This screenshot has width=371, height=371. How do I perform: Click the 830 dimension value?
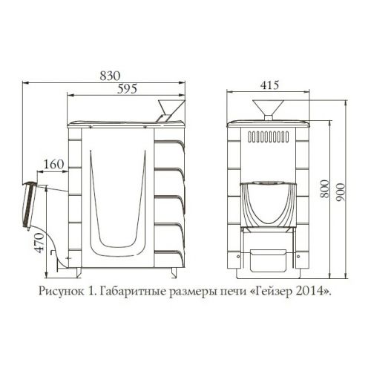[110, 76]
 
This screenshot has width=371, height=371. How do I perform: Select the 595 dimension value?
[127, 89]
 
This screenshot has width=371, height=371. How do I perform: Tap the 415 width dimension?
[269, 85]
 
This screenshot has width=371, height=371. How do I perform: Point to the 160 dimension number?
[53, 164]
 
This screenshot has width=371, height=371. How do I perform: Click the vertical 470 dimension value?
[39, 243]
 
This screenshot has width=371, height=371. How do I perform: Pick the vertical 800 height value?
[325, 188]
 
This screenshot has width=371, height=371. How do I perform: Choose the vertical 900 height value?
[341, 192]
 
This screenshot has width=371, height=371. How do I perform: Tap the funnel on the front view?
[268, 110]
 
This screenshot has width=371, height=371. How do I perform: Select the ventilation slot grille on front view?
[269, 137]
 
